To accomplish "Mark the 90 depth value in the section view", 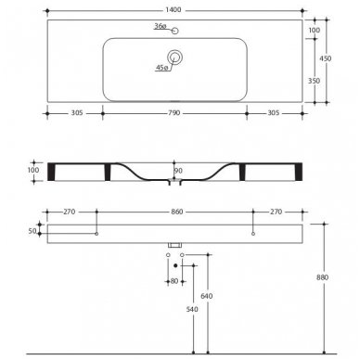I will point(178,170).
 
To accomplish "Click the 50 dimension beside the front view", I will point(33,229).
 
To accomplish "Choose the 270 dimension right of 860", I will point(270,212).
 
